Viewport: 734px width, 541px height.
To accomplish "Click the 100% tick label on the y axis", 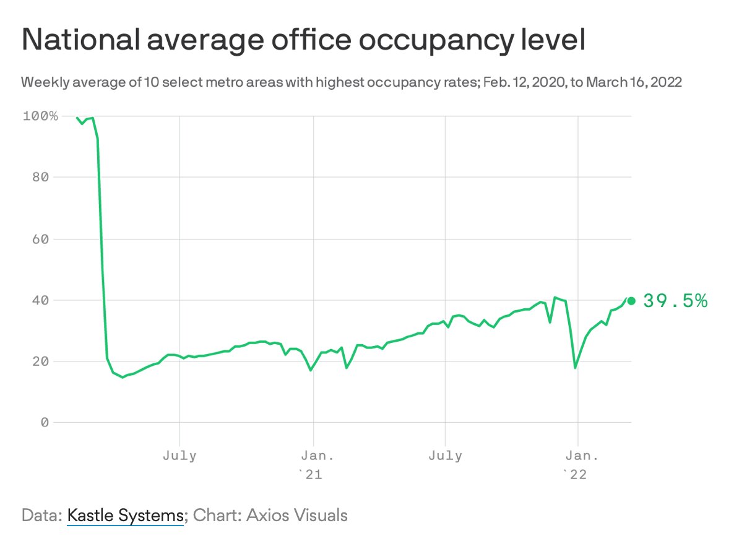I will (40, 116).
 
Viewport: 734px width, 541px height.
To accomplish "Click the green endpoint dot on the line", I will (631, 301).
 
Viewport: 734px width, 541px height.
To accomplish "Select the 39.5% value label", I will (675, 301).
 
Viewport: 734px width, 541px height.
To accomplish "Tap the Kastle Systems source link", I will (125, 515).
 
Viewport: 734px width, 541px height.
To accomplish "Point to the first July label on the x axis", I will (179, 456).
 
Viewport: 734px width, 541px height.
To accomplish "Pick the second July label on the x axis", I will (445, 456).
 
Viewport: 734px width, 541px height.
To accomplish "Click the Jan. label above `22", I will (577, 456).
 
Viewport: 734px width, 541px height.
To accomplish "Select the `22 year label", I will (574, 474).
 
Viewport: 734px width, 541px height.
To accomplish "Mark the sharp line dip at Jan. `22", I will (576, 367).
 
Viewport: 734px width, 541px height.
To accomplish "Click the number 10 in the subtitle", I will (152, 82).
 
